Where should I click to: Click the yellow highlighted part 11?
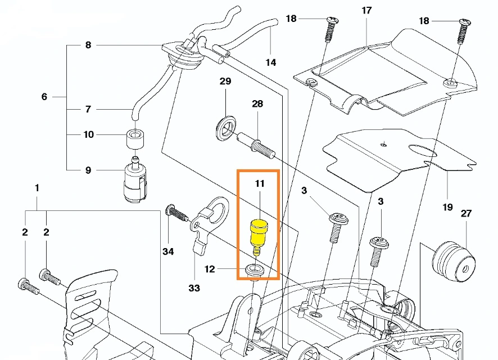tap(258, 232)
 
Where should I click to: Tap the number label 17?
tap(366, 11)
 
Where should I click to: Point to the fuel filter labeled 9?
tap(134, 182)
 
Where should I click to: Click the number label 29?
tap(225, 82)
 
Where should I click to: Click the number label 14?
tap(271, 62)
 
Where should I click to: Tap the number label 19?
tap(447, 207)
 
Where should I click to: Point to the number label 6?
tap(44, 97)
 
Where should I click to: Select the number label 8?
tap(88, 45)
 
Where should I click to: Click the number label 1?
tap(37, 187)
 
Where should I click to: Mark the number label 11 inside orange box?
tap(259, 183)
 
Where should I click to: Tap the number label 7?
tap(88, 109)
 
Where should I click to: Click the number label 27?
tap(466, 213)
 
